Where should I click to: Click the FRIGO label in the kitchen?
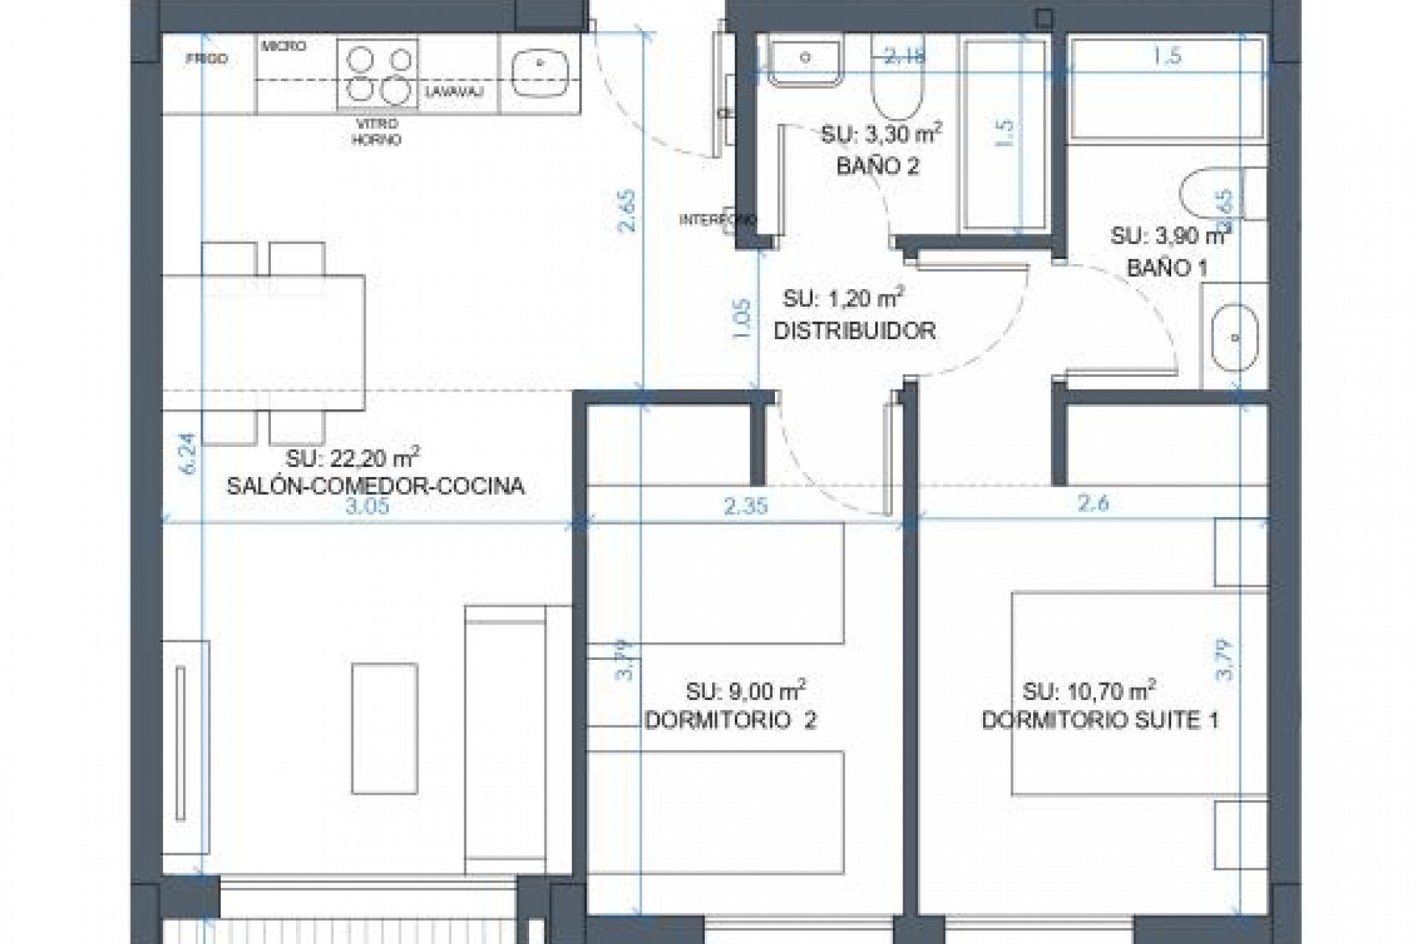[x=207, y=58]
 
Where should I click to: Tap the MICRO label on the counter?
[x=283, y=46]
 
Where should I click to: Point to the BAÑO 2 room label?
[x=878, y=166]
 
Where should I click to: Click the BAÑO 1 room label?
[x=1167, y=268]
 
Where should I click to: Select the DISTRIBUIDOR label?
[x=855, y=330]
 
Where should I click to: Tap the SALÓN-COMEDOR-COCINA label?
[x=376, y=486]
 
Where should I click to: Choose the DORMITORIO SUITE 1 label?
[x=1100, y=720]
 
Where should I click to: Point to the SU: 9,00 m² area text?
[x=745, y=691]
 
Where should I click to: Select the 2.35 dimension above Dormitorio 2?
[x=746, y=506]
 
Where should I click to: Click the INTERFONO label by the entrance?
[x=717, y=220]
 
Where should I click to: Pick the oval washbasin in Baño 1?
[x=1235, y=338]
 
